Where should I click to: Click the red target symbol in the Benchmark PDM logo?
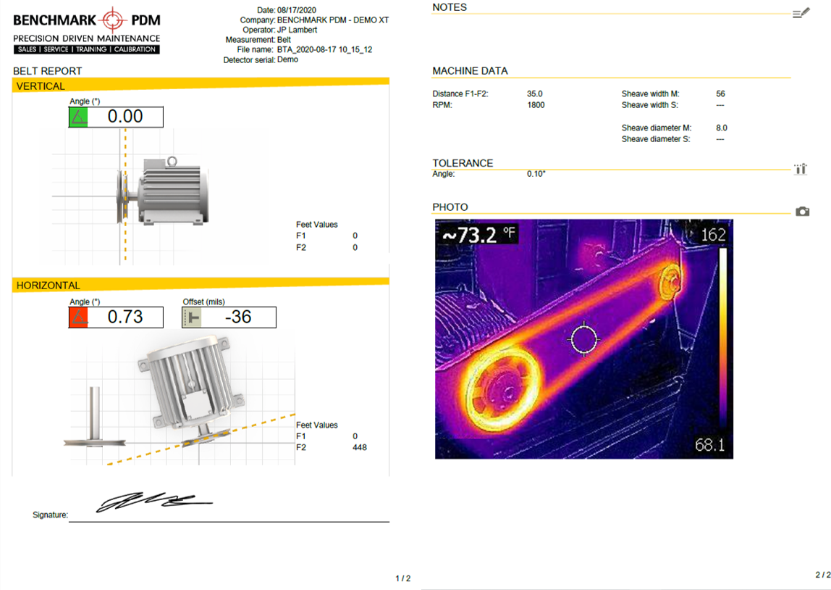pos(112,20)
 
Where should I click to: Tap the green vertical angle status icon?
pos(78,117)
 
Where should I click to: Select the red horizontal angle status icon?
pos(78,317)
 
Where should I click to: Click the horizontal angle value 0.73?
pos(125,317)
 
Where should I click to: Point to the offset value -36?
pos(238,317)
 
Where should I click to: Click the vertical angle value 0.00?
pos(125,116)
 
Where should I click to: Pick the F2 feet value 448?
pos(359,447)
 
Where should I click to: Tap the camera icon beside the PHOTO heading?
pos(802,211)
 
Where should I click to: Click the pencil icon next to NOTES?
pos(801,13)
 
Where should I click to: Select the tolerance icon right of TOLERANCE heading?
pos(801,169)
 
